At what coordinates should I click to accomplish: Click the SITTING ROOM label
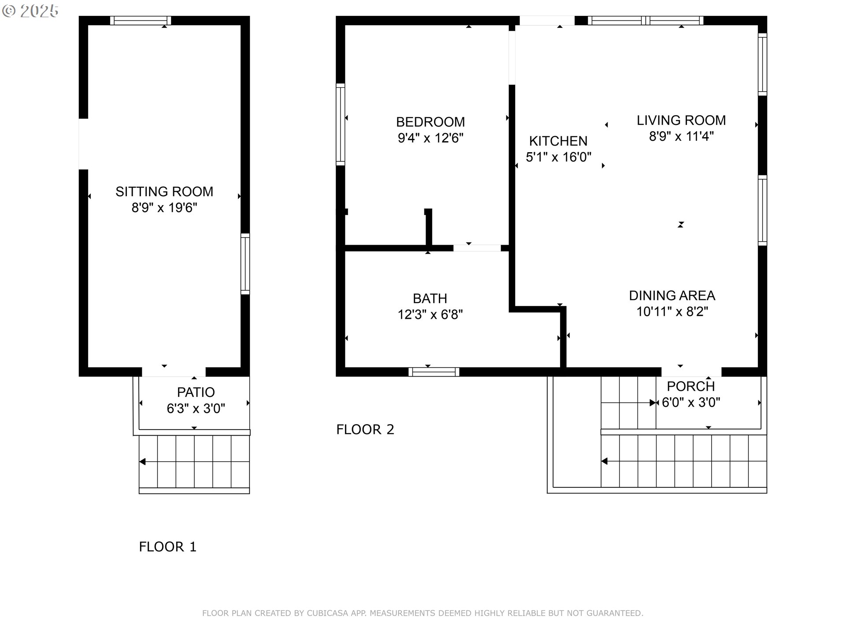click(x=164, y=191)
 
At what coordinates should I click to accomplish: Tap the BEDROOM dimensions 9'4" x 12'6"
click(x=430, y=138)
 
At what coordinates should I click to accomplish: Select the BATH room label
click(x=430, y=299)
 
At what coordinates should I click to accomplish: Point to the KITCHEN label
click(x=558, y=141)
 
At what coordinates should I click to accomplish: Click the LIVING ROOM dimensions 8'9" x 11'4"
click(x=681, y=136)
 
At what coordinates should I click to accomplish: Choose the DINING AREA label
click(x=672, y=295)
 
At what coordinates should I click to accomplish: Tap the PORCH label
click(x=690, y=386)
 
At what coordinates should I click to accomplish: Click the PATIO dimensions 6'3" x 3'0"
click(x=196, y=409)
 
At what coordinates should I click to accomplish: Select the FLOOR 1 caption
click(x=167, y=547)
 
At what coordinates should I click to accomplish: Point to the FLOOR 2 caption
click(x=365, y=430)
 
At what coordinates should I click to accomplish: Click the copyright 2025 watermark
click(x=30, y=11)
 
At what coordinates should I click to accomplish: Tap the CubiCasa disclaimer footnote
click(x=423, y=613)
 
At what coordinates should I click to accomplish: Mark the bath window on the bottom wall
click(x=434, y=372)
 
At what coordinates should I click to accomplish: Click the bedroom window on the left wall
click(x=341, y=124)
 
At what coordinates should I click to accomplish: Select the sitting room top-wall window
click(x=141, y=20)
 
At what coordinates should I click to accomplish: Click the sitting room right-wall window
click(x=245, y=264)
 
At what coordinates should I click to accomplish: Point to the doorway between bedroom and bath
click(x=477, y=248)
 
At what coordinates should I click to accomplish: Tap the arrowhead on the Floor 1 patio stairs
click(x=142, y=462)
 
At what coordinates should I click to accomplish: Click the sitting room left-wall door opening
click(x=83, y=144)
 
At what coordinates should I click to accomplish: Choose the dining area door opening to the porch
click(x=691, y=372)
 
